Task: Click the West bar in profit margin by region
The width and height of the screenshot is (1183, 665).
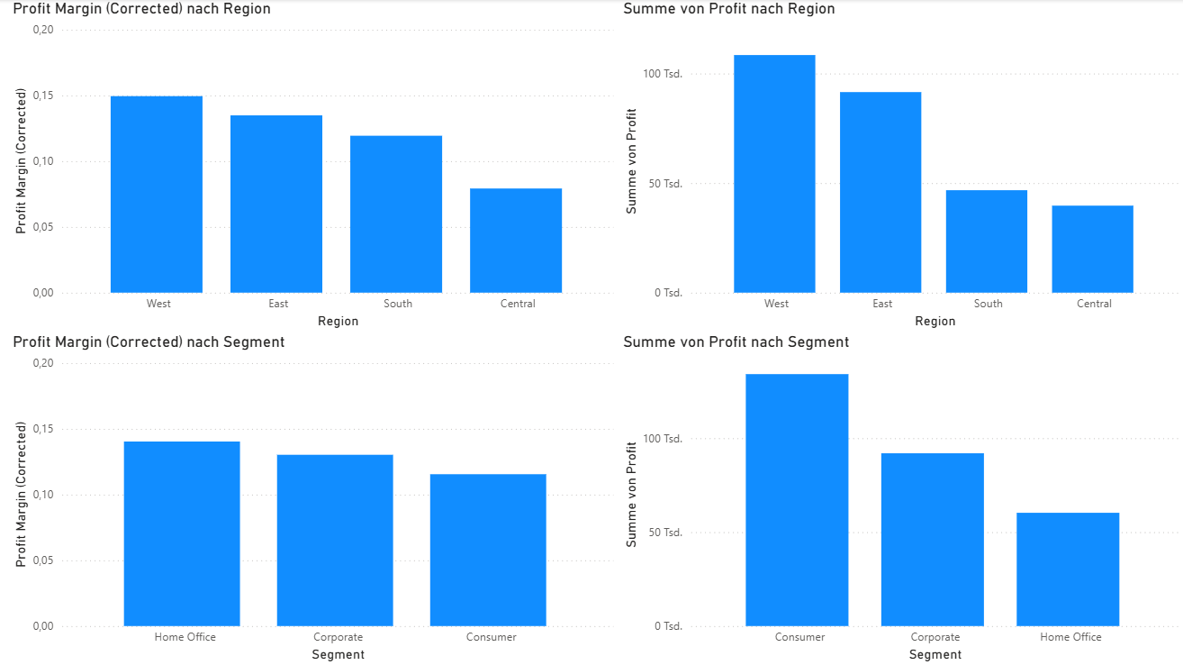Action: (x=157, y=194)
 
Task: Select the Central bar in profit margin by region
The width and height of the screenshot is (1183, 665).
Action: (x=516, y=241)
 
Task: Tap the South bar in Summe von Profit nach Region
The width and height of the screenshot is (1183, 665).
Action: (x=987, y=241)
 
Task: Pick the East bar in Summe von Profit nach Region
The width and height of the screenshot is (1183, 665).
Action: (x=880, y=192)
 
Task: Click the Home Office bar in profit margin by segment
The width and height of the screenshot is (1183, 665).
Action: (x=182, y=533)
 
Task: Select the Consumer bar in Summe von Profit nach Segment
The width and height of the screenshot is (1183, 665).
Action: (x=797, y=500)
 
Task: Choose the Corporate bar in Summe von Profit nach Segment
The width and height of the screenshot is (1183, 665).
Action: (x=933, y=539)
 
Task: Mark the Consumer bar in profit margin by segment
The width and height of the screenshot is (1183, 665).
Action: (x=488, y=550)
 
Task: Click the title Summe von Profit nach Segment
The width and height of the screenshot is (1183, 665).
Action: (x=736, y=342)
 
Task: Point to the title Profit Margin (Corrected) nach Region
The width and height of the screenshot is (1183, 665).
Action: (x=141, y=9)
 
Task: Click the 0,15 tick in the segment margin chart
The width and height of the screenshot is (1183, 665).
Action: (x=42, y=429)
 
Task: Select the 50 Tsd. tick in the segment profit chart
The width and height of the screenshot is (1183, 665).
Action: (x=666, y=533)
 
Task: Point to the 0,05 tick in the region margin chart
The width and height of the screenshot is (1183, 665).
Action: (x=42, y=227)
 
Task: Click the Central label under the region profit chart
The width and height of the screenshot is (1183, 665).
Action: (x=1094, y=304)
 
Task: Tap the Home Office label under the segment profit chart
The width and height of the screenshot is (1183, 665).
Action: (x=1070, y=637)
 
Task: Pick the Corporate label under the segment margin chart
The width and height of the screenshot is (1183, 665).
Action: (x=338, y=637)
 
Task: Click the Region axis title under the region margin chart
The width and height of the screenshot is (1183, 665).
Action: (x=338, y=321)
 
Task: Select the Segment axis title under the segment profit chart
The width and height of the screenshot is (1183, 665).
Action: (x=935, y=654)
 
